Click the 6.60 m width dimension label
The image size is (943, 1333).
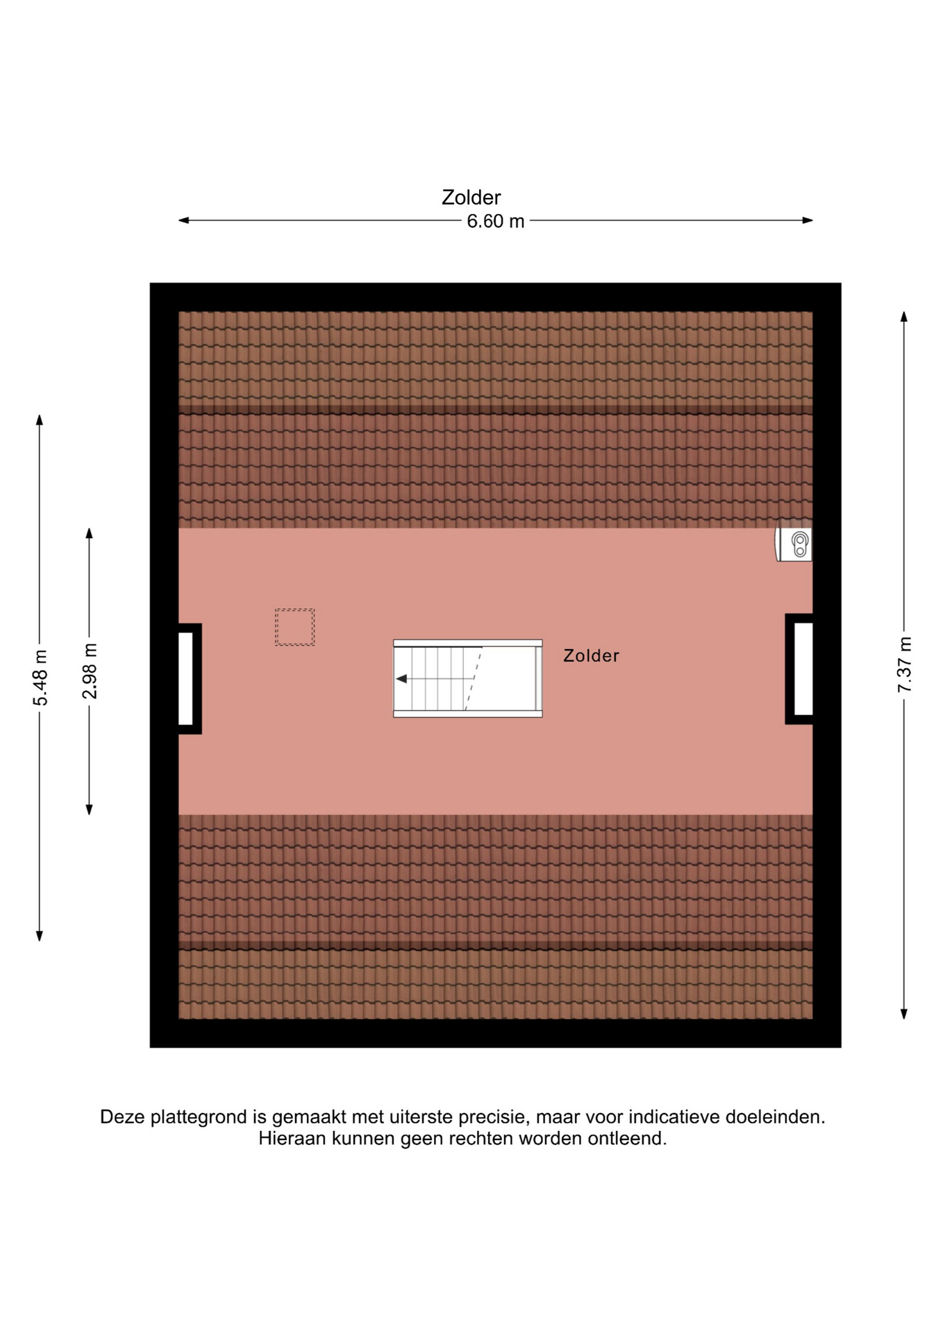495,221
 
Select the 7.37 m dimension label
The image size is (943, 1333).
904,664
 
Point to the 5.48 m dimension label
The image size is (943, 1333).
40,678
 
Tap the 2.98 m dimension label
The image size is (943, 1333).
90,671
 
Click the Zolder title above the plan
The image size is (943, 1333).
471,198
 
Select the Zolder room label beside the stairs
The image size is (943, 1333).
591,656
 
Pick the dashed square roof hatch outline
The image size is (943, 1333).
294,628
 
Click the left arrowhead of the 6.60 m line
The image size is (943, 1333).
184,221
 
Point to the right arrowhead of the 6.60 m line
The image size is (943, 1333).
808,221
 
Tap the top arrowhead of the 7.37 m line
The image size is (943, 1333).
904,317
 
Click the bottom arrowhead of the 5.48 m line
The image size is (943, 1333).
40,936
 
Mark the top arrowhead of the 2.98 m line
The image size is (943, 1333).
89,533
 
